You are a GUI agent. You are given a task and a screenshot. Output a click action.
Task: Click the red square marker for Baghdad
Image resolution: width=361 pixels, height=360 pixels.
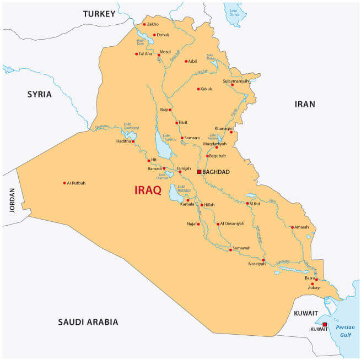click(200, 172)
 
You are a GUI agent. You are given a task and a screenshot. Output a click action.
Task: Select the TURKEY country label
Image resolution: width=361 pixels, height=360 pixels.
click(100, 14)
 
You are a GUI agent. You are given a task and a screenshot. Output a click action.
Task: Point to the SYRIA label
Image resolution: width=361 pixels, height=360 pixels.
click(40, 94)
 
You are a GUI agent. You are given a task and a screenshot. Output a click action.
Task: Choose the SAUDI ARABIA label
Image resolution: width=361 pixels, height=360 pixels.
click(88, 322)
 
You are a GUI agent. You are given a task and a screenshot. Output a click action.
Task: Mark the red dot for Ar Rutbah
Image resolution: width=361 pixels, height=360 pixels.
click(64, 183)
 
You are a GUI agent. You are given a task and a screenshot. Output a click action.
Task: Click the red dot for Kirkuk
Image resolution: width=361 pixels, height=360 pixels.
click(198, 89)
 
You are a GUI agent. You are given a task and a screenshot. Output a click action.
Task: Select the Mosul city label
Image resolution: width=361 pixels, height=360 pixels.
click(165, 52)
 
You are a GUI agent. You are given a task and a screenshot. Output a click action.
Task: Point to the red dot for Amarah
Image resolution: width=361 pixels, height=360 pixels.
click(293, 227)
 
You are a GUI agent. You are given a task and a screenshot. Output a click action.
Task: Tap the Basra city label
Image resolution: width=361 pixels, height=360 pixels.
click(310, 277)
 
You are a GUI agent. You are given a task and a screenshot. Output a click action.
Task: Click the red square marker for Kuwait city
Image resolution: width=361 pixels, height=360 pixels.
click(325, 324)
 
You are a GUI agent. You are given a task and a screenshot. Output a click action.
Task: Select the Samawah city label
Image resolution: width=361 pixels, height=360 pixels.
click(241, 248)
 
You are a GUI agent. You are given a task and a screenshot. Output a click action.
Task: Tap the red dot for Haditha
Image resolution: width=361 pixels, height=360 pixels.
click(133, 141)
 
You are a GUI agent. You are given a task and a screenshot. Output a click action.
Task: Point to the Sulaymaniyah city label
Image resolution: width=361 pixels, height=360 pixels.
click(236, 81)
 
